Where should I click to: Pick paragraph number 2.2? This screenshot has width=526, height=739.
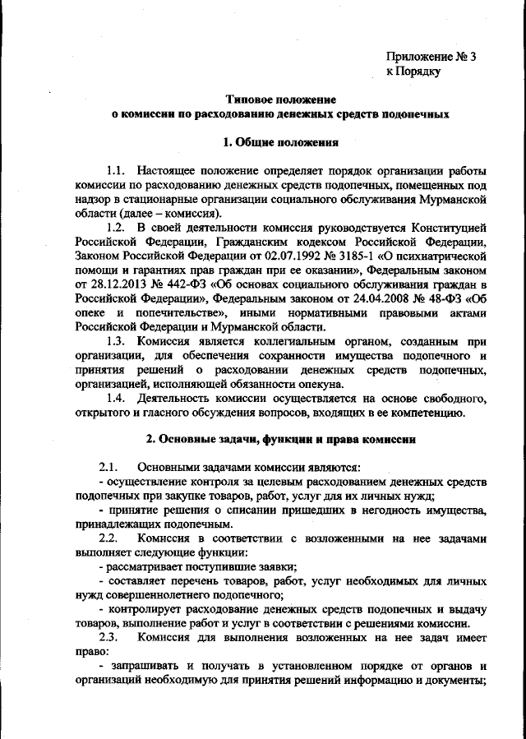point(109,536)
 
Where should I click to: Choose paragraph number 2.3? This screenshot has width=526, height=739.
point(109,637)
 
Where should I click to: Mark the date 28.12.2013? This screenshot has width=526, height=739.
point(123,284)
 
